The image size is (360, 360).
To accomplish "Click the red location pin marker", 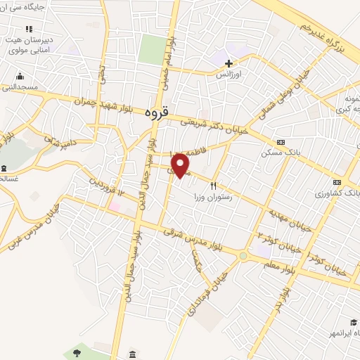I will coord(181,165).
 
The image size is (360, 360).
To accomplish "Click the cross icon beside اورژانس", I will coord(229,63).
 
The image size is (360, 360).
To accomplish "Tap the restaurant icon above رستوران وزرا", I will coord(213,187).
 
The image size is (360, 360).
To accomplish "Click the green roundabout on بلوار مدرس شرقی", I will coord(243,257).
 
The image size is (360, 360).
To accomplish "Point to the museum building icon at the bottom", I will coord(133,354).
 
